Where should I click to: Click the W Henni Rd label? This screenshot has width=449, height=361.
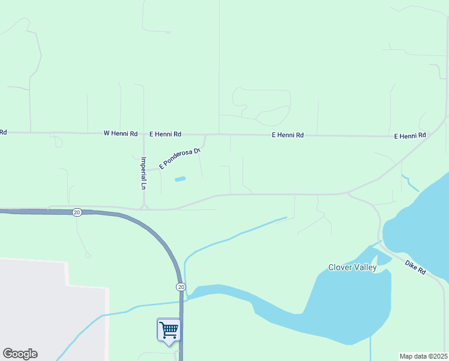(x=121, y=133)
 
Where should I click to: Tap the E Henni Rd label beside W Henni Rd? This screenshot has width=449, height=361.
(x=165, y=134)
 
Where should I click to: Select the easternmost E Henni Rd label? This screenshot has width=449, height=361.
(x=410, y=136)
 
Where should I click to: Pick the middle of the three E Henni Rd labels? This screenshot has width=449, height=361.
(x=288, y=135)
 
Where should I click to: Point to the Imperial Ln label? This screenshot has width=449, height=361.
(x=143, y=173)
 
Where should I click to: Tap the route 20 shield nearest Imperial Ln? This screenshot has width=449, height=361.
(x=77, y=212)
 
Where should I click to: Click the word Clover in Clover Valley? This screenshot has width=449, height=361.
(x=342, y=267)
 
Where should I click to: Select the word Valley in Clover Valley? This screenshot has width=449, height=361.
(x=367, y=267)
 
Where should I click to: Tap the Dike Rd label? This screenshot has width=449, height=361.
(x=415, y=268)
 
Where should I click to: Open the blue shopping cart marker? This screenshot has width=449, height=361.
(x=169, y=330)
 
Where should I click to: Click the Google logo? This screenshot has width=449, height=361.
(x=20, y=354)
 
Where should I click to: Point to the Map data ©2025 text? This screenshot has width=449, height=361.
(x=424, y=356)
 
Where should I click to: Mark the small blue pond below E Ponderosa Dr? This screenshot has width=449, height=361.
(x=180, y=179)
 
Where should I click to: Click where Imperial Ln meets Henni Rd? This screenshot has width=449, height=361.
(x=143, y=134)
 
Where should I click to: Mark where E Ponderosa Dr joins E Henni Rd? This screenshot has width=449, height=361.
(x=206, y=135)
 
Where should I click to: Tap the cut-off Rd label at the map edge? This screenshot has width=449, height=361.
(x=3, y=132)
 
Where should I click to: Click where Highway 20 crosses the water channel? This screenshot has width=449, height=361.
(x=181, y=301)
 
